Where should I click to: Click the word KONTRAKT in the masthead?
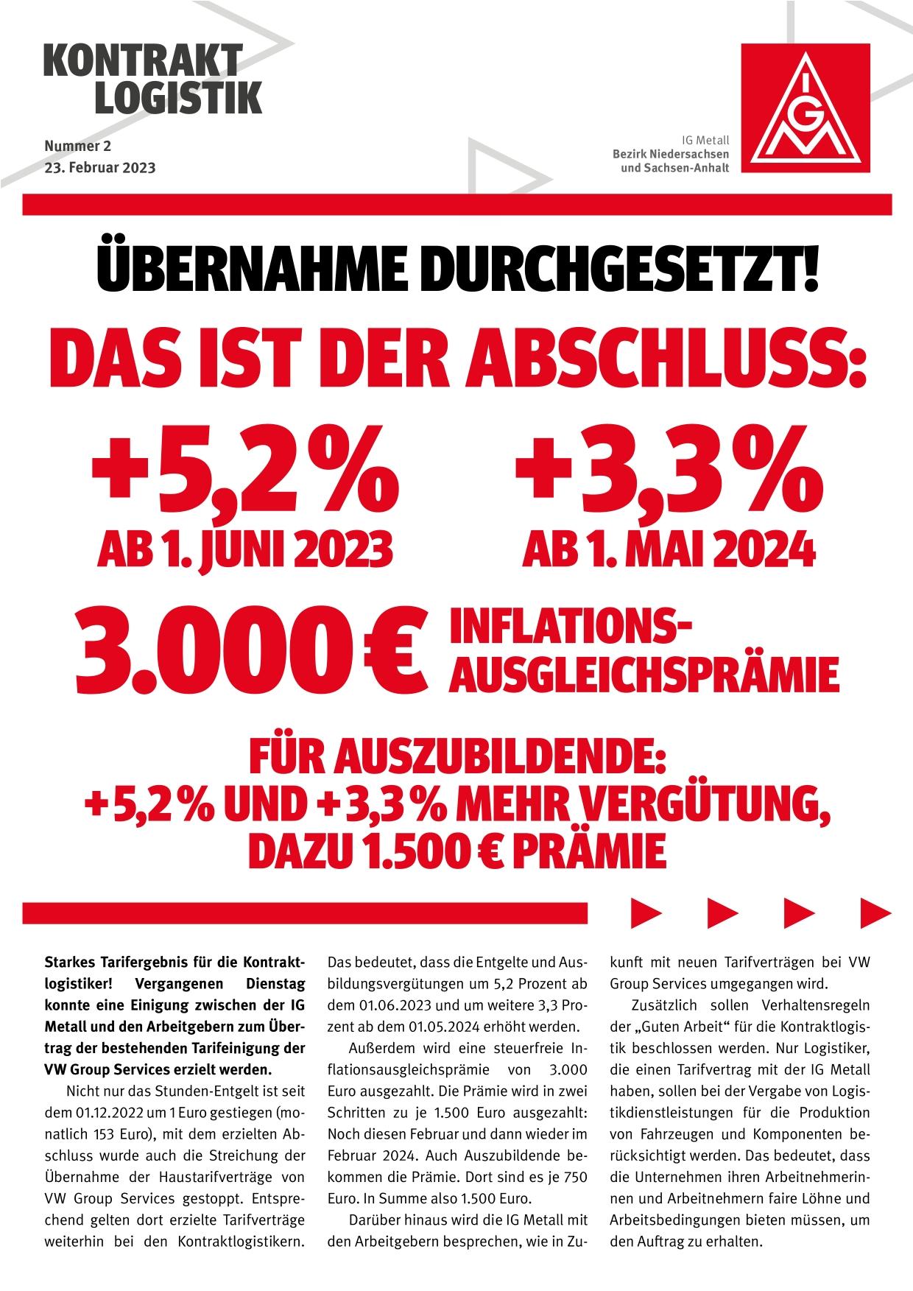click(x=143, y=60)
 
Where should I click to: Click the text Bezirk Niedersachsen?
click(x=670, y=154)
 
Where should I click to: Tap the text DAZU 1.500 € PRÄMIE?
click(x=456, y=851)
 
